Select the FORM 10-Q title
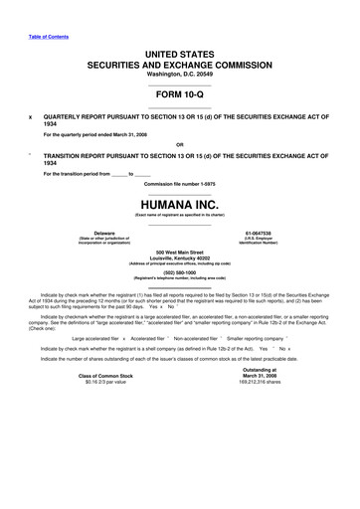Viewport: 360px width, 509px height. pos(179,95)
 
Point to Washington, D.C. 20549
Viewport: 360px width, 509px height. pos(179,74)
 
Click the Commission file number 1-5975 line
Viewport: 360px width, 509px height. pos(179,184)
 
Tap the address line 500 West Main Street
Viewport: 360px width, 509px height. pos(179,253)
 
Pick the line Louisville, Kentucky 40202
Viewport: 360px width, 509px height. pos(179,258)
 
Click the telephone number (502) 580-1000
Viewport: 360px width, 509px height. pos(179,272)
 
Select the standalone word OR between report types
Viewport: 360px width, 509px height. pos(179,143)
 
